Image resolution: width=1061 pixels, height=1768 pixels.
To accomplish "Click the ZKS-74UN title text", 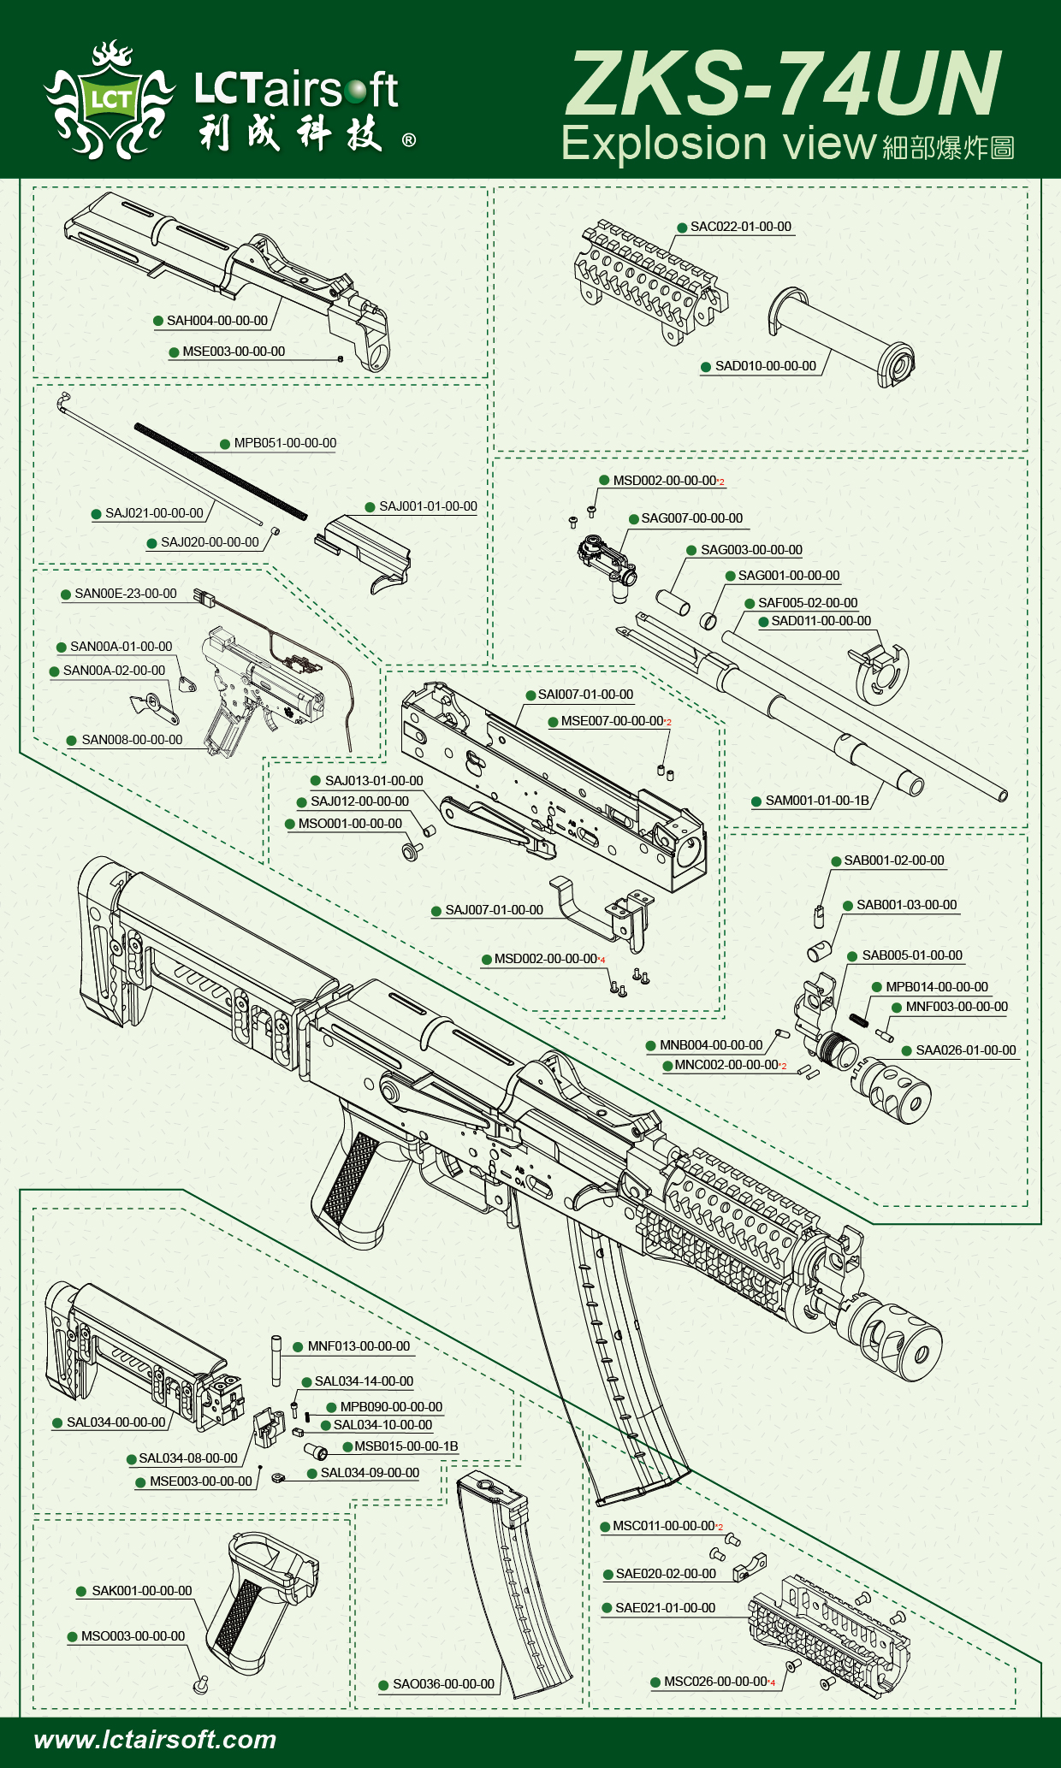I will [782, 84].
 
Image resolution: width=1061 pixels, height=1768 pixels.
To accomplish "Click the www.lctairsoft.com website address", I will [155, 1739].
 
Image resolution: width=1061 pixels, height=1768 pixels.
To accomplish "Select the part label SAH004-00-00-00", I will [216, 321].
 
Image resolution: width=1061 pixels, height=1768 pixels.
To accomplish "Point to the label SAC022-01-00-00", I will [740, 227].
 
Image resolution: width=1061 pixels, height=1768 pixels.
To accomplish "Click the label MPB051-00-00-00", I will [285, 443].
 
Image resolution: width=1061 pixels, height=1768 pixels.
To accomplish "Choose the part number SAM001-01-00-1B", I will [816, 801].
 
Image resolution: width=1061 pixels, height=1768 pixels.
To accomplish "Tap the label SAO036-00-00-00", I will [443, 1683].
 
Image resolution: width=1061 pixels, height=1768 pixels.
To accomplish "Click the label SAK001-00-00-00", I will [141, 1590].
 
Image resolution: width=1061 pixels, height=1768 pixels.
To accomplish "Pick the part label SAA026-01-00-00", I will [965, 1050].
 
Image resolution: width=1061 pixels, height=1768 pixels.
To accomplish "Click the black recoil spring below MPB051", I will [220, 471].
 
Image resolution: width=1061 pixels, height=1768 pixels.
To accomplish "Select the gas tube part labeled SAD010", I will [843, 335].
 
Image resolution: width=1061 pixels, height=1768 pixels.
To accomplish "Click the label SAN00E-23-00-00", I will [125, 594].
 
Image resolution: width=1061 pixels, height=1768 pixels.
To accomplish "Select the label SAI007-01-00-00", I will [585, 695].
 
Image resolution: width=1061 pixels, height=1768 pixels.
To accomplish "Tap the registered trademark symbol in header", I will [409, 140].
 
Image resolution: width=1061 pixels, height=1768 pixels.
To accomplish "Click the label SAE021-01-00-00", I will [665, 1608].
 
